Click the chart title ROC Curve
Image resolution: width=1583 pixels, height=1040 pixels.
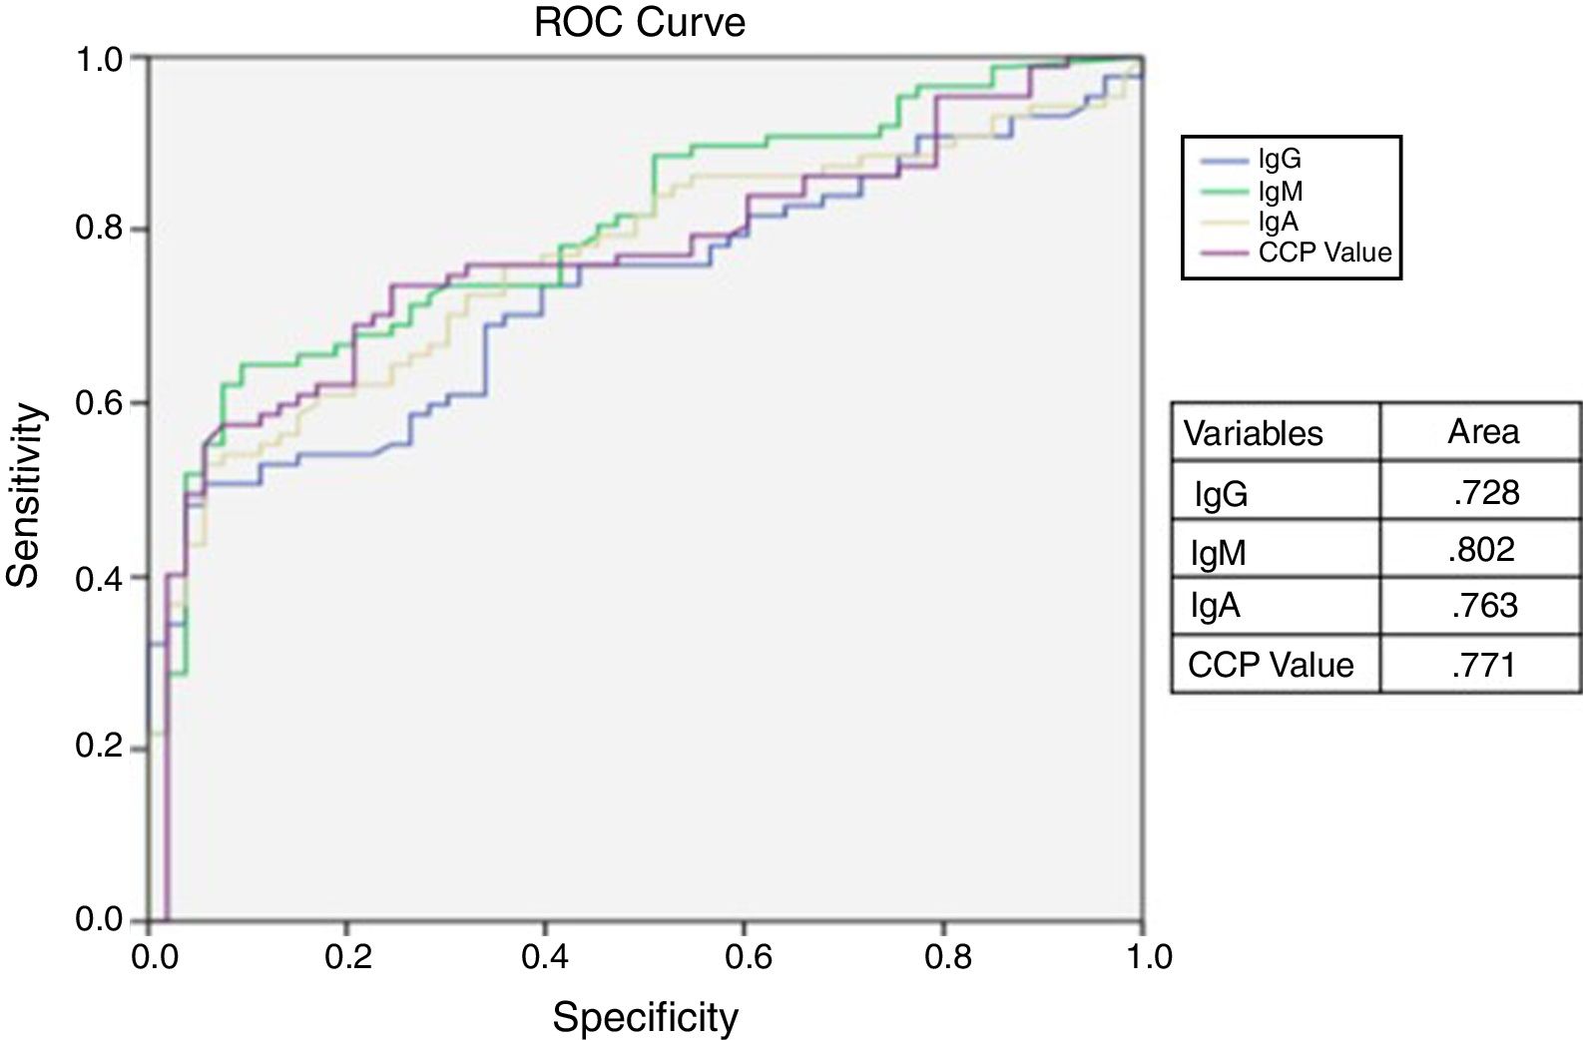tap(640, 22)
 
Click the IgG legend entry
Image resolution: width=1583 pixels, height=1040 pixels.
tap(1279, 160)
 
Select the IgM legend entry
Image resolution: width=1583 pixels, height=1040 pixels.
tap(1280, 191)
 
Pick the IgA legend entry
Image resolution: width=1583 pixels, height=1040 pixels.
tap(1278, 222)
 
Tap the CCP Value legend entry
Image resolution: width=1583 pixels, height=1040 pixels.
tap(1323, 252)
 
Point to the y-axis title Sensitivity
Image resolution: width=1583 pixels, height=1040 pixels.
tap(26, 495)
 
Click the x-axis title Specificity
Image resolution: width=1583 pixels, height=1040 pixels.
tap(646, 1017)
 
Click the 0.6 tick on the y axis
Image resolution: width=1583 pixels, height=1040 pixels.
tap(99, 403)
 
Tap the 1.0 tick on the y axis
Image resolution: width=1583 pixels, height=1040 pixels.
tap(99, 59)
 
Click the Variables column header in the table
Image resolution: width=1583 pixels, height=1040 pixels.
tap(1253, 433)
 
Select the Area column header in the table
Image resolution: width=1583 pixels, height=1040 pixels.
tap(1483, 431)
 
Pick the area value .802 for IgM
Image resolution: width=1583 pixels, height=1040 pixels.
tap(1481, 549)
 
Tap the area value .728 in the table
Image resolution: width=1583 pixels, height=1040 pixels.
tap(1485, 491)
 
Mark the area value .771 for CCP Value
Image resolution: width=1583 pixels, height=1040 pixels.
tap(1483, 664)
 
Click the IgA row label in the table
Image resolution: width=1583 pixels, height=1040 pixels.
tap(1215, 606)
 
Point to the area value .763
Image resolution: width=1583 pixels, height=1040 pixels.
tap(1484, 605)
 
